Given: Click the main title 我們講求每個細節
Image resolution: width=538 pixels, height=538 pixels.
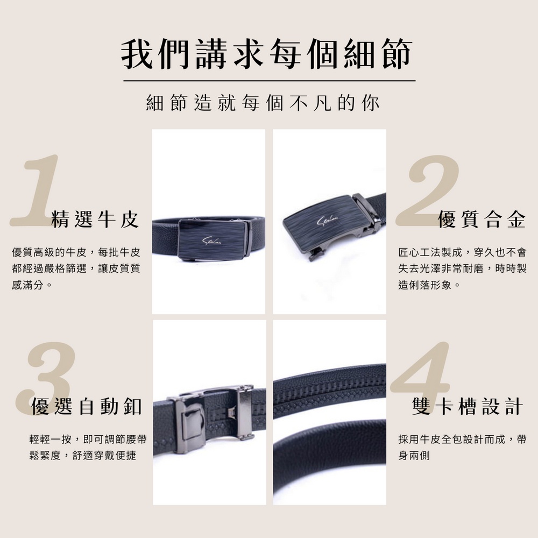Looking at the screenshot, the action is tap(267, 54).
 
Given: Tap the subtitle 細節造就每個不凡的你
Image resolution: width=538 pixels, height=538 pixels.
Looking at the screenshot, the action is tap(263, 103).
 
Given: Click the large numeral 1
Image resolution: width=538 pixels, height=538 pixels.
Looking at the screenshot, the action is tap(34, 190).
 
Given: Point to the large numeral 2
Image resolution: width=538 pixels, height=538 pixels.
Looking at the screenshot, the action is tap(427, 190).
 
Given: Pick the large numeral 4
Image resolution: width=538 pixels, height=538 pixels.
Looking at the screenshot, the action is tap(420, 369).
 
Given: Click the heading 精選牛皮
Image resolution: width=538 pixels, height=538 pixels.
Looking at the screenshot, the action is tap(95, 220).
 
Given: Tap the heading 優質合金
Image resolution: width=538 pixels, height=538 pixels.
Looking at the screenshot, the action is tap(482, 220).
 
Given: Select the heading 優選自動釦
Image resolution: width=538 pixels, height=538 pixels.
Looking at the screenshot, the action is tap(87, 407).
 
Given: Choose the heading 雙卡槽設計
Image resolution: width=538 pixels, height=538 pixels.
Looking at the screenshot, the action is tap(468, 407).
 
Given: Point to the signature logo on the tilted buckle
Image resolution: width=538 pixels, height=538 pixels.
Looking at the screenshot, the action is tap(328, 221).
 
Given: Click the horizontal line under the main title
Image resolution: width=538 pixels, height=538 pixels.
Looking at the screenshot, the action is tap(270, 81).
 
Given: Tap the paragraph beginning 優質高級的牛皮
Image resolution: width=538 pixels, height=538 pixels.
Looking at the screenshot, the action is tap(76, 268).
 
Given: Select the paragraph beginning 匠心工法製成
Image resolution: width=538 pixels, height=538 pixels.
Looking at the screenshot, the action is tap(462, 268).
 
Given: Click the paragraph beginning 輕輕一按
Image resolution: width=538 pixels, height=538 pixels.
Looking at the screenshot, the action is tap(88, 448).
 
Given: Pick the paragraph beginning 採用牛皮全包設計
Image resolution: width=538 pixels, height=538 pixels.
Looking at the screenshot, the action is tap(462, 448).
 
